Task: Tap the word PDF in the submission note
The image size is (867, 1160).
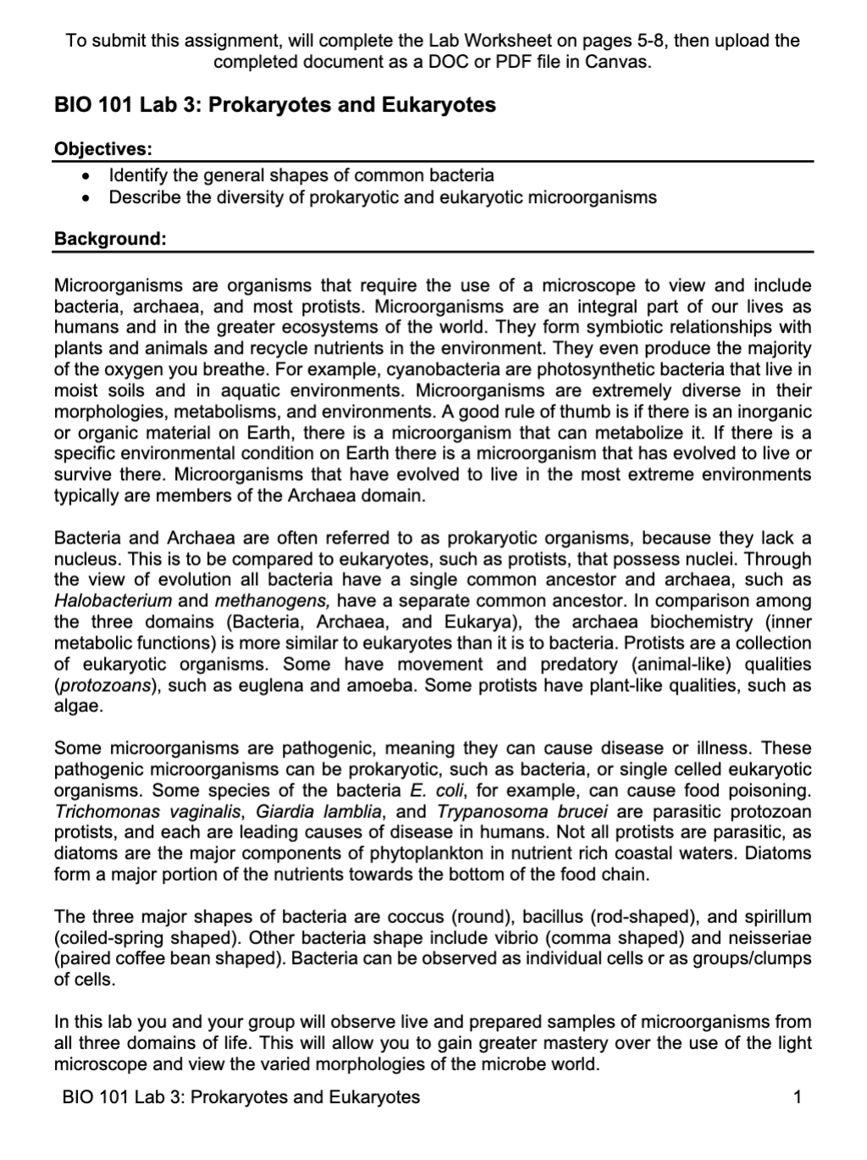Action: pos(517,63)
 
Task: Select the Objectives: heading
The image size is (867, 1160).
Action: pos(103,149)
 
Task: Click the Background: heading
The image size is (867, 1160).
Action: pos(110,239)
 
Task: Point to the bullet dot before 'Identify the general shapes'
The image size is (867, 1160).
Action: pos(83,176)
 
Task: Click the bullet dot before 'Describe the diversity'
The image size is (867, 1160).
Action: pos(83,198)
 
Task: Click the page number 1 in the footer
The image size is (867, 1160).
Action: pos(797,1098)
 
